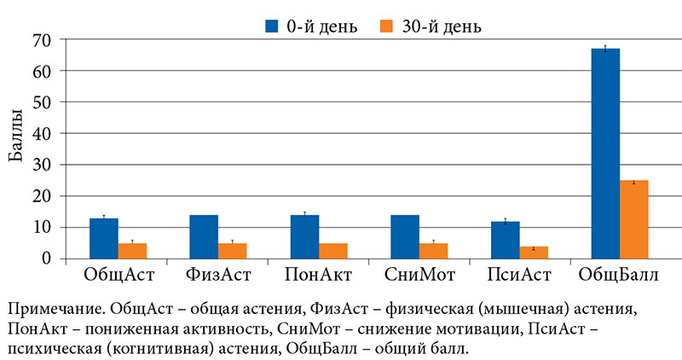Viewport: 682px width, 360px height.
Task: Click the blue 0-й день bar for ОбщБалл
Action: [605, 154]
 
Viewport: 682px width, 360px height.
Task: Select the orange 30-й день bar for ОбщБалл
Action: [633, 219]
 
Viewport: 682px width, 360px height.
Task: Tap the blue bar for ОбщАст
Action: [104, 238]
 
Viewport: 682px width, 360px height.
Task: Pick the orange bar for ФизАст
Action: [232, 251]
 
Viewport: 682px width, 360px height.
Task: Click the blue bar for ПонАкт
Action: [304, 236]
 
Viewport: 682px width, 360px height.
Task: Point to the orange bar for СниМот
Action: [433, 251]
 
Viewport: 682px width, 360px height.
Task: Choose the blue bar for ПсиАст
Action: [506, 240]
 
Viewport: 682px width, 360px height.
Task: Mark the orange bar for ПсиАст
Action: [534, 253]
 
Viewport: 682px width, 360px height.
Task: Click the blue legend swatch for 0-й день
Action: [272, 26]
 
